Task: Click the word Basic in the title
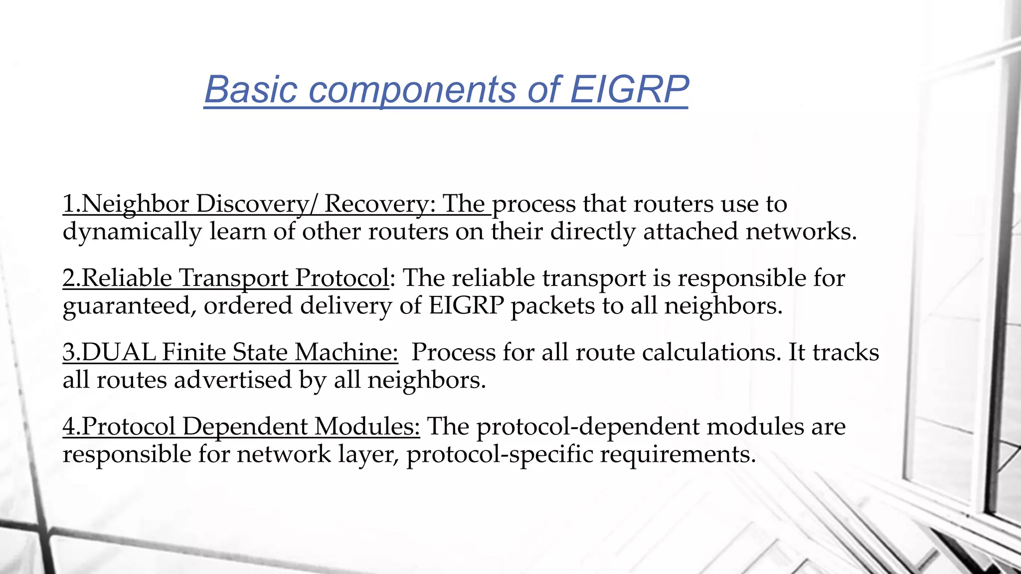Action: (x=251, y=90)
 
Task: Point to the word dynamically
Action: (x=132, y=232)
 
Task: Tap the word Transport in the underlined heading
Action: (x=233, y=279)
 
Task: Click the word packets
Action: (x=552, y=306)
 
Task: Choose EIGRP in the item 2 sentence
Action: (x=467, y=305)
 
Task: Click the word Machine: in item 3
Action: (x=346, y=352)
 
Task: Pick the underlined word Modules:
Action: (x=367, y=427)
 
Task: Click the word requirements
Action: (x=678, y=454)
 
